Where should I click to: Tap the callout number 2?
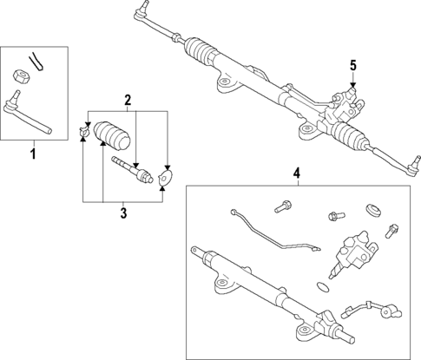point(127,100)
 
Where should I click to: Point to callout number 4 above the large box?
point(296,173)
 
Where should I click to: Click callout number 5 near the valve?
point(353,64)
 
